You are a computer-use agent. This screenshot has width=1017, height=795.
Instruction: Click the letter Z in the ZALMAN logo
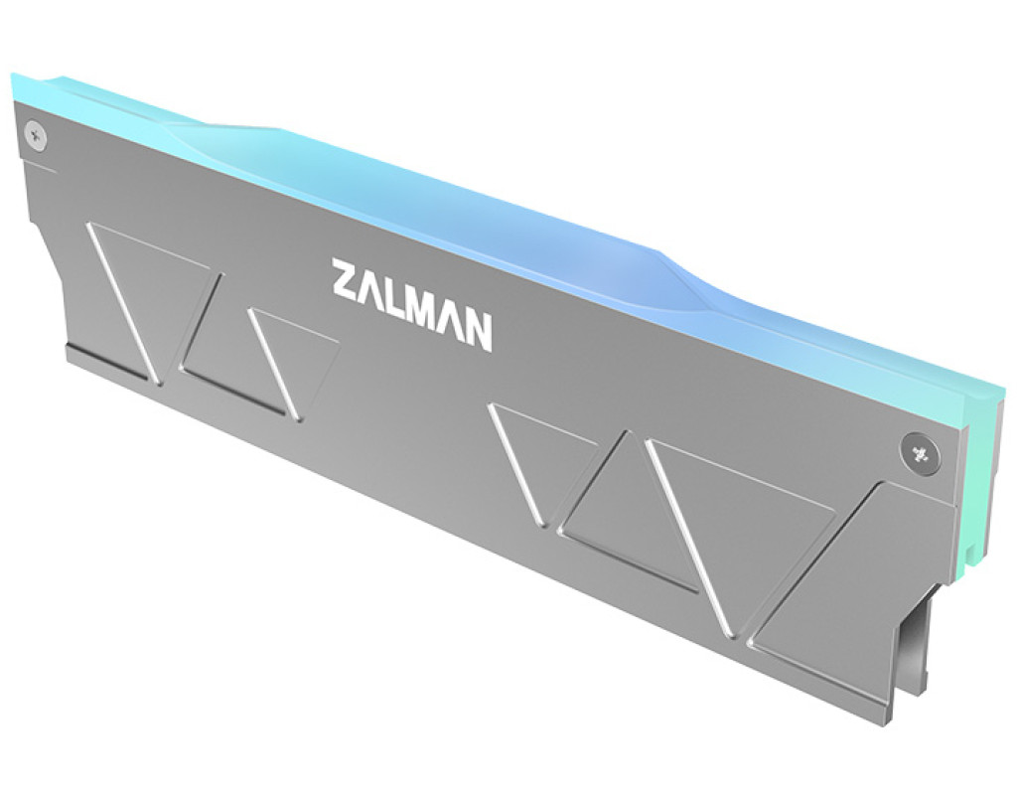coord(346,279)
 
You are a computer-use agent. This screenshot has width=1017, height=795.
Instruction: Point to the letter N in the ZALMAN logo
coord(478,332)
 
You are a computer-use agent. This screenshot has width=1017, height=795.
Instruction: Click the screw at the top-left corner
coord(35,135)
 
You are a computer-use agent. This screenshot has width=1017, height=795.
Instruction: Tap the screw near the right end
coord(918,452)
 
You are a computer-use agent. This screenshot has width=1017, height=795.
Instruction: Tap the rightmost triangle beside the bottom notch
coord(843,603)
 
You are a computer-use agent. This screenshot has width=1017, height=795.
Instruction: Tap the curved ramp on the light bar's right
coord(694,272)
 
